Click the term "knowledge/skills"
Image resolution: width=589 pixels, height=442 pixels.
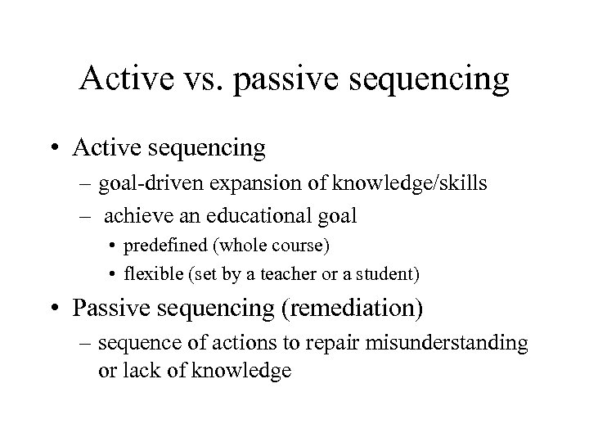pyautogui.click(x=425, y=184)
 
